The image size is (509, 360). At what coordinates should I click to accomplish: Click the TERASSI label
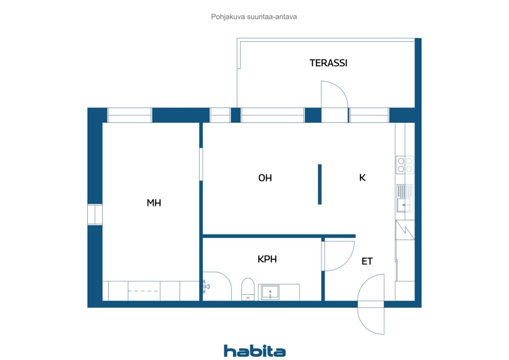[x=328, y=63]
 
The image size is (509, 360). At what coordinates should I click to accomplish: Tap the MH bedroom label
[x=154, y=203]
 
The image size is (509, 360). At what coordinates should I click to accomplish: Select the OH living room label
[x=265, y=178]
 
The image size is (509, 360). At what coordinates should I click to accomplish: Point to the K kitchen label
[x=362, y=177]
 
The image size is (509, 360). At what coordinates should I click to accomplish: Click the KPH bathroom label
[x=267, y=259]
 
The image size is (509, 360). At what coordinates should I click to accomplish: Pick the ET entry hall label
[x=367, y=261]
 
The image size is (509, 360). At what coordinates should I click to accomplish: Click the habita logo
[x=254, y=351]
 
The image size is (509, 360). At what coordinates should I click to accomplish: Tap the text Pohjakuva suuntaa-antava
[x=254, y=17]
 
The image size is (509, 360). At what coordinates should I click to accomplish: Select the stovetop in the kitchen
[x=405, y=165]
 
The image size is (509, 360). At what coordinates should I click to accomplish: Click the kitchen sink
[x=405, y=198]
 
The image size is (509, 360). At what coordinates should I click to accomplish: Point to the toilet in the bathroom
[x=248, y=289]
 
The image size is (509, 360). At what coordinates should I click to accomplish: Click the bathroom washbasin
[x=270, y=292]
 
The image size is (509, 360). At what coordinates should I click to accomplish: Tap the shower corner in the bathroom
[x=217, y=286]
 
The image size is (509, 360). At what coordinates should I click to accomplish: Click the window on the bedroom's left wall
[x=95, y=214]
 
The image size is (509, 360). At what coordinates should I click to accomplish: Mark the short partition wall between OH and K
[x=320, y=184]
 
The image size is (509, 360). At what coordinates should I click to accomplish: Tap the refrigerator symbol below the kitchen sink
[x=405, y=230]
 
